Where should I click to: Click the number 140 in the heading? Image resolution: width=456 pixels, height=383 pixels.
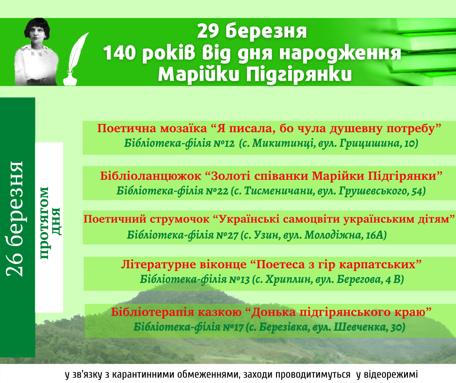pos(120,53)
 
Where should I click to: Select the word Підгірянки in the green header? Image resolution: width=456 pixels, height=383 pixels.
pos(299,75)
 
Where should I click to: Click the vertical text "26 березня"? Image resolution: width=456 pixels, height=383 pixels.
pos(15,219)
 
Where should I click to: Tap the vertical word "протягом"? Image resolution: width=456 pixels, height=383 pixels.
pos(44,223)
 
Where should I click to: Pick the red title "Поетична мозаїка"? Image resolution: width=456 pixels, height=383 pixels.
pos(152,128)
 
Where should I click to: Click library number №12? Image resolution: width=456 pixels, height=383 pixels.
pos(224,143)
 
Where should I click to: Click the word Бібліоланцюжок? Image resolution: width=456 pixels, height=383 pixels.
pos(151,176)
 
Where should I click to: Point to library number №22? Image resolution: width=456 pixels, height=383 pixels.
pos(217,191)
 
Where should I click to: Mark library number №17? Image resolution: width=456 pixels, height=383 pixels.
pos(233,327)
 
